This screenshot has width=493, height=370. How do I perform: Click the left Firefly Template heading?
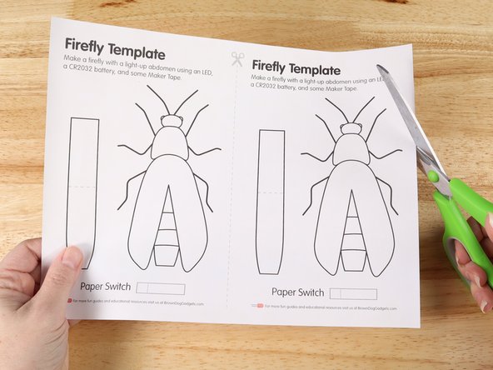click(120, 45)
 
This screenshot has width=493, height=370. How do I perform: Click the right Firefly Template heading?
click(296, 70)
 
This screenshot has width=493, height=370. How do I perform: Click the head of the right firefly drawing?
click(351, 127)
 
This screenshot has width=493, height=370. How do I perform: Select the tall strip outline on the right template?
click(271, 200)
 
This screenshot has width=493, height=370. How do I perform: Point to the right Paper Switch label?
click(297, 292)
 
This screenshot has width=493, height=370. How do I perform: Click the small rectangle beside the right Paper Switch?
click(354, 294)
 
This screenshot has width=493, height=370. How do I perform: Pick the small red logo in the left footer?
click(69, 300)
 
